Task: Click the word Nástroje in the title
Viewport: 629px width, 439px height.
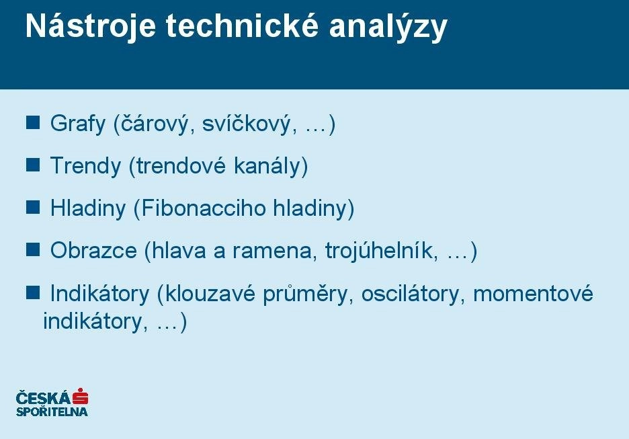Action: (90, 26)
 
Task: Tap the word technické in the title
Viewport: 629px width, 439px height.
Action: (243, 26)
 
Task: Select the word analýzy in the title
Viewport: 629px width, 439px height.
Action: (388, 28)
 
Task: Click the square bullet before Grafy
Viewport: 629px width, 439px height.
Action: (33, 122)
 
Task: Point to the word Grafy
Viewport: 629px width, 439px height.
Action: (78, 124)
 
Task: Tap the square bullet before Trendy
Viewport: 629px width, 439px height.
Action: (33, 165)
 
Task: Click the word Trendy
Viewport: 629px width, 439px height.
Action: (85, 166)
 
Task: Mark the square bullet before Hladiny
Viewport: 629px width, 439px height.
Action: (33, 207)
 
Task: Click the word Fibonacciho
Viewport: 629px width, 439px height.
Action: (204, 208)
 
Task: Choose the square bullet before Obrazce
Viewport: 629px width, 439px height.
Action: (33, 249)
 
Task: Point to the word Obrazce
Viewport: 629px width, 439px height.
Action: (93, 250)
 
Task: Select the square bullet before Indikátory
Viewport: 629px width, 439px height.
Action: (33, 293)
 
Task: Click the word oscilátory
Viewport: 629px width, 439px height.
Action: (410, 293)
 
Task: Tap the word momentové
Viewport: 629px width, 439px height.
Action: (533, 293)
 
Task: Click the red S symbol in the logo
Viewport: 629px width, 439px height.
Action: (80, 397)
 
